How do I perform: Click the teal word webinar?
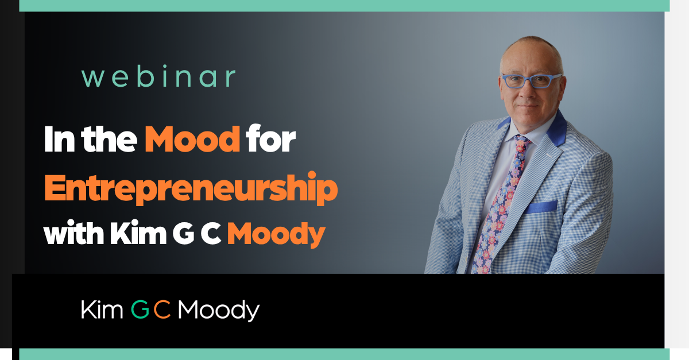click(158, 77)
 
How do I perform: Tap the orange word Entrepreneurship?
click(191, 188)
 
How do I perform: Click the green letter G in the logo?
click(140, 310)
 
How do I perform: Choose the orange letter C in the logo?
click(162, 310)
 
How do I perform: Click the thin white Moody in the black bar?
click(218, 311)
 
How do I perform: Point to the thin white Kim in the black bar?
click(102, 310)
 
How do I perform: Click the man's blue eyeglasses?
click(531, 81)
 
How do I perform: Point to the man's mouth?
click(528, 106)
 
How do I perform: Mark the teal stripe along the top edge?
click(344, 5)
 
